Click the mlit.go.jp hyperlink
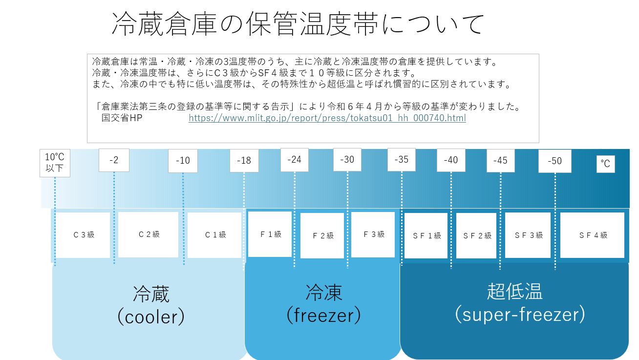[327, 118]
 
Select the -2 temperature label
[114, 160]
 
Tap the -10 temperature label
[183, 161]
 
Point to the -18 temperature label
[244, 161]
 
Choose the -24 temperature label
[295, 160]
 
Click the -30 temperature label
[347, 160]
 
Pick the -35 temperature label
[402, 160]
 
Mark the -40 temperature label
[451, 160]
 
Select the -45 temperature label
[500, 160]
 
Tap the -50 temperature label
[555, 161]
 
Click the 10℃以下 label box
[55, 163]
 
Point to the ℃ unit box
[605, 164]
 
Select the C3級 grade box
[83, 235]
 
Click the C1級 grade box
[215, 235]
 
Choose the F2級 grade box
[322, 236]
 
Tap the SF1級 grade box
[426, 236]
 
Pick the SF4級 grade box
[593, 235]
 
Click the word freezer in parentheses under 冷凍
[323, 316]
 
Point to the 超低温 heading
[514, 292]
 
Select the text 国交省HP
[122, 118]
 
